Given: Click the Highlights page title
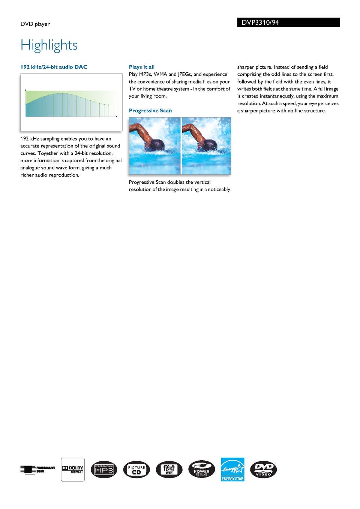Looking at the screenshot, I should (49, 45).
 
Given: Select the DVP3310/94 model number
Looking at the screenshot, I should (260, 22).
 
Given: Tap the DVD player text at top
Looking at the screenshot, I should (35, 24).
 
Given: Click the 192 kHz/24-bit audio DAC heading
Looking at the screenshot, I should (54, 67).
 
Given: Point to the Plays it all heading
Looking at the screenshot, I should (141, 67).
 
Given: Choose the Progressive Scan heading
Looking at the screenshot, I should (150, 111).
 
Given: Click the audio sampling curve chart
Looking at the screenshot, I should (71, 102).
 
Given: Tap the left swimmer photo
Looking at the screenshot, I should (154, 145).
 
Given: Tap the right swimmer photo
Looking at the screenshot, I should (206, 145).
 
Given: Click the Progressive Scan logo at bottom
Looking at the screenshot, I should (37, 469).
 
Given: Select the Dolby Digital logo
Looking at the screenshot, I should (73, 469).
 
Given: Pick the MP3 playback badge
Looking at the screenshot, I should (104, 469).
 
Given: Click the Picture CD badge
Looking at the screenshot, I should (136, 470).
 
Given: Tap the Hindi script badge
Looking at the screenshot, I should (169, 469).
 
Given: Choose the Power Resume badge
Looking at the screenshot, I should (202, 469).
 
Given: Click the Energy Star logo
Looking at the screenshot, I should (232, 469).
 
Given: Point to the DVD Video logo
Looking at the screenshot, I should (263, 469).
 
